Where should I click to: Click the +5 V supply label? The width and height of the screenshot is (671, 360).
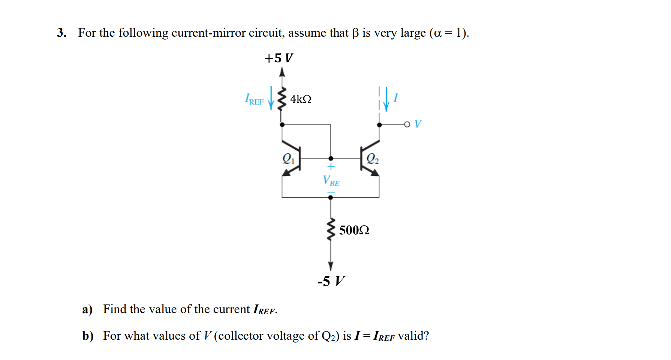(279, 58)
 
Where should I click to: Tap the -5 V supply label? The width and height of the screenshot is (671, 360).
(331, 281)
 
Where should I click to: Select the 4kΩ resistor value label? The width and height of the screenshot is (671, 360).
(301, 99)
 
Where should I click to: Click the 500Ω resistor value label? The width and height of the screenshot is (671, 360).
(354, 230)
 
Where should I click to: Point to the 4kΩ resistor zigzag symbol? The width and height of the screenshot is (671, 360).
(282, 99)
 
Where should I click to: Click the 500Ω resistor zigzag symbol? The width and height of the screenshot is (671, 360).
(331, 229)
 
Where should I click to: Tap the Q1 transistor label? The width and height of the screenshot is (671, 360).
(288, 159)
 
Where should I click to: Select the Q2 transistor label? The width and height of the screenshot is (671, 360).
(372, 159)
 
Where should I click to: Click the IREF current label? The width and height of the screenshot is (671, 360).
(254, 100)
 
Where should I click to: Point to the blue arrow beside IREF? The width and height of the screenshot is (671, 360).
(271, 98)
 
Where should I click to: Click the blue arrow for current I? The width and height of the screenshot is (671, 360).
(386, 100)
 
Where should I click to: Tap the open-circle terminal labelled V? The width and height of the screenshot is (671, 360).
(407, 124)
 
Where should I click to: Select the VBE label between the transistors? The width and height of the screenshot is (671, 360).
(331, 181)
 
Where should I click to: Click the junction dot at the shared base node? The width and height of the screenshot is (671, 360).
(331, 159)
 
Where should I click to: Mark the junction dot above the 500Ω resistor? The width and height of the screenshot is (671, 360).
(330, 197)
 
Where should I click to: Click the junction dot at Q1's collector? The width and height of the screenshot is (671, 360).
(282, 124)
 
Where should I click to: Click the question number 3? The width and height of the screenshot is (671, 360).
(61, 33)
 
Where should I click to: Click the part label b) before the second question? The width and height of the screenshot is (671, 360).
(88, 336)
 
